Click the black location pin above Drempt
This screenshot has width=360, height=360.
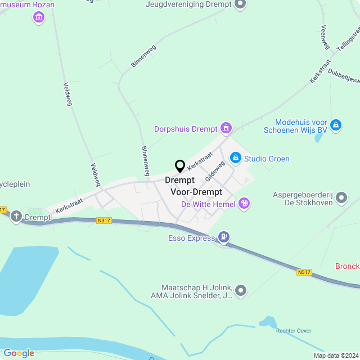pyautogui.click(x=180, y=166)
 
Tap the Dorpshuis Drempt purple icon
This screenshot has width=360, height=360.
pyautogui.click(x=226, y=128)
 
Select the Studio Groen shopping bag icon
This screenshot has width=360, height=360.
pyautogui.click(x=236, y=158)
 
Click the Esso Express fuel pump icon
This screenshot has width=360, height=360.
pyautogui.click(x=224, y=237)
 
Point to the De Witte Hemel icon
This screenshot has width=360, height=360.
pyautogui.click(x=244, y=204)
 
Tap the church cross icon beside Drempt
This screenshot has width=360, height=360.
pyautogui.click(x=16, y=217)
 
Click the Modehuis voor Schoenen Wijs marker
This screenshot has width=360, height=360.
pyautogui.click(x=336, y=124)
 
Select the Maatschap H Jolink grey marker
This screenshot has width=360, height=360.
pyautogui.click(x=241, y=290)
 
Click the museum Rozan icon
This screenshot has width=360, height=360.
pyautogui.click(x=38, y=17)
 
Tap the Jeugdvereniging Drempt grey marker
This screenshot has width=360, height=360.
pyautogui.click(x=240, y=4)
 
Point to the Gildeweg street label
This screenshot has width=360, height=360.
pyautogui.click(x=215, y=170)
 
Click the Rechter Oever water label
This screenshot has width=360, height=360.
pyautogui.click(x=294, y=330)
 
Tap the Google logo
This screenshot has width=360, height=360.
pyautogui.click(x=19, y=353)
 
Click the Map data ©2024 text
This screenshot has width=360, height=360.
pyautogui.click(x=335, y=355)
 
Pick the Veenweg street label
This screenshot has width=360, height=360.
pyautogui.click(x=325, y=36)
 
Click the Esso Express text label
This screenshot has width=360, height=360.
pyautogui.click(x=191, y=238)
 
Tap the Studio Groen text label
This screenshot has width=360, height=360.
pyautogui.click(x=267, y=159)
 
